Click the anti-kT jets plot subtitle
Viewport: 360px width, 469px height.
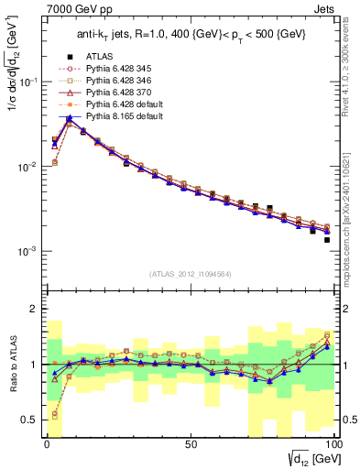coord(190,35)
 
